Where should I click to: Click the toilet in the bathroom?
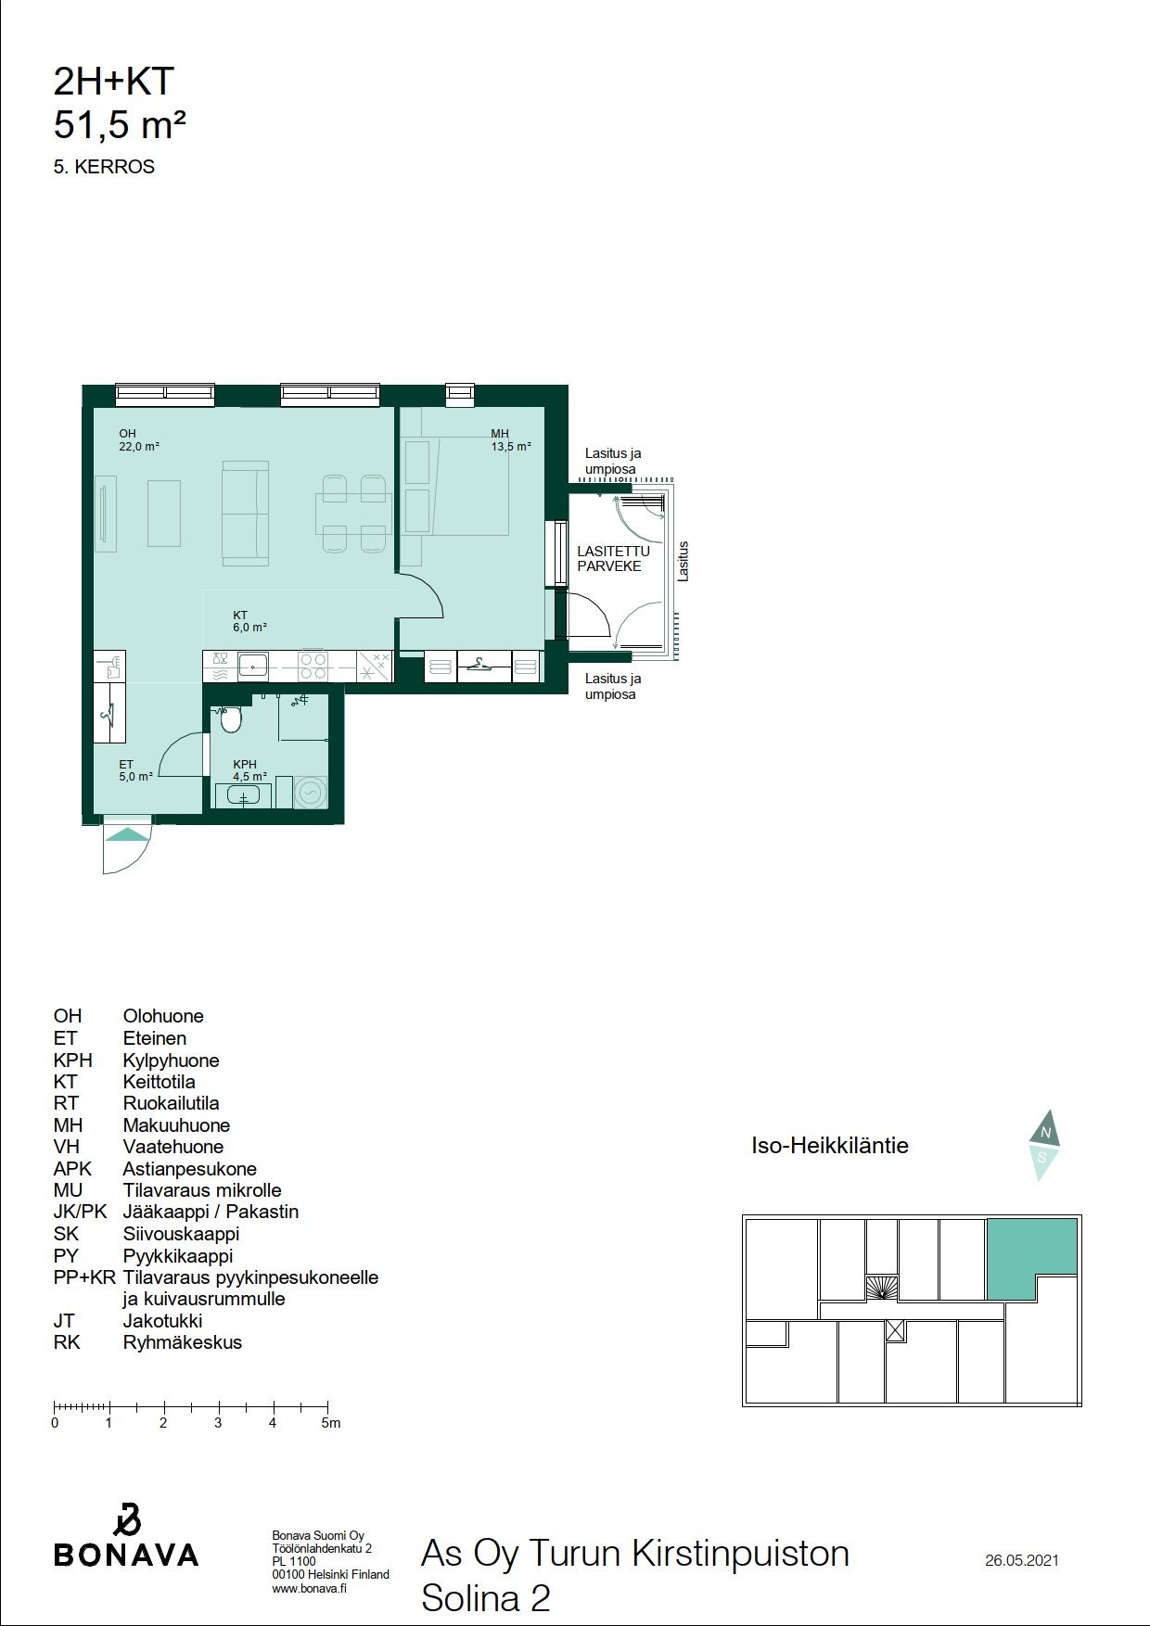[230, 718]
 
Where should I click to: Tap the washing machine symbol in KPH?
[311, 793]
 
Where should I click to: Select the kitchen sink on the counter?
[252, 665]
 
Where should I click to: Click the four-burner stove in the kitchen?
[313, 667]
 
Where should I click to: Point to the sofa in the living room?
[246, 514]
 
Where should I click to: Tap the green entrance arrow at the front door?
[126, 834]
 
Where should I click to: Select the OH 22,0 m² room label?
[139, 439]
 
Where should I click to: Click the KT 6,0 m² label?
[249, 621]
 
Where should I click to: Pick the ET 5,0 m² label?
[135, 770]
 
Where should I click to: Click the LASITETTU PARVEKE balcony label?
[613, 558]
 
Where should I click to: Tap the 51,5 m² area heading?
[120, 124]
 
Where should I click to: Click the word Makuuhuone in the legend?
[176, 1124]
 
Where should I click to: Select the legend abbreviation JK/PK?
[80, 1212]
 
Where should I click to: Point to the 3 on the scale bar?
[218, 1423]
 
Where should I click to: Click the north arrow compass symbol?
[1044, 1144]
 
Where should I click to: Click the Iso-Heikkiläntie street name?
[830, 1146]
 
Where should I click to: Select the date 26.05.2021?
[1022, 1560]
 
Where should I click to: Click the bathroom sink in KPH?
[243, 795]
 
